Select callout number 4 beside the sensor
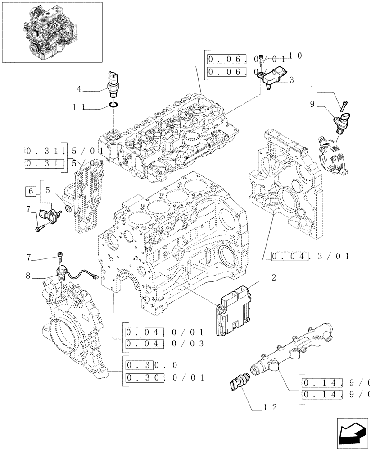(x=79, y=89)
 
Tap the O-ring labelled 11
(x=113, y=106)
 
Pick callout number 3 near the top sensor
(x=291, y=80)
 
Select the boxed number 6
(x=31, y=192)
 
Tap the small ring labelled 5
(x=68, y=209)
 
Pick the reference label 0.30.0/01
(x=164, y=377)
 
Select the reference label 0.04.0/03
(x=164, y=344)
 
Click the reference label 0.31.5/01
(x=63, y=151)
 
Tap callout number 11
(x=78, y=108)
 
